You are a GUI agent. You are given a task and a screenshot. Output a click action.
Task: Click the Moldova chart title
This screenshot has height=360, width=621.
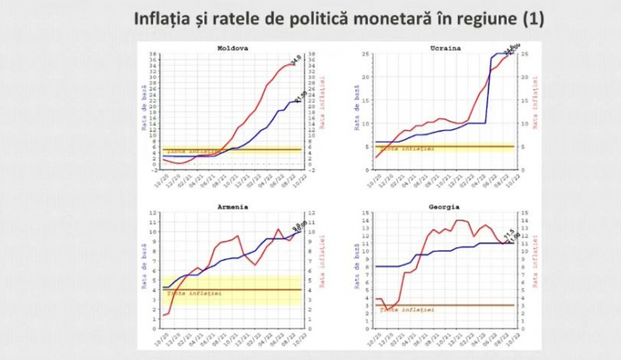232,48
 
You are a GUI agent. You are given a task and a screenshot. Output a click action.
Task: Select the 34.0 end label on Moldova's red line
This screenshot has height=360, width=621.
294,59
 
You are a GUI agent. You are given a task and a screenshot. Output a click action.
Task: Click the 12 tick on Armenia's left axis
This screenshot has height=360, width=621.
153,213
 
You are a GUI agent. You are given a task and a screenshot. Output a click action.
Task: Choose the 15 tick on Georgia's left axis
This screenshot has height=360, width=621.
365,212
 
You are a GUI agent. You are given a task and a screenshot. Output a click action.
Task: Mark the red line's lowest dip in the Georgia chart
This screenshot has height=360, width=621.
387,310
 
